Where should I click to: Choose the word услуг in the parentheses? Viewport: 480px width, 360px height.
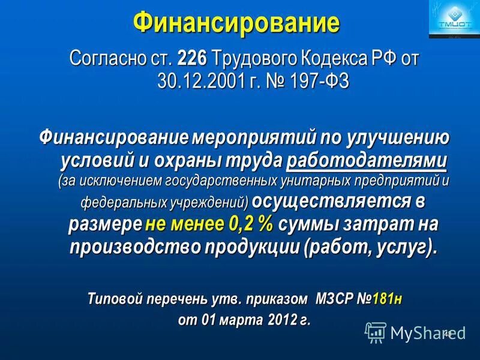click(x=401, y=246)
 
